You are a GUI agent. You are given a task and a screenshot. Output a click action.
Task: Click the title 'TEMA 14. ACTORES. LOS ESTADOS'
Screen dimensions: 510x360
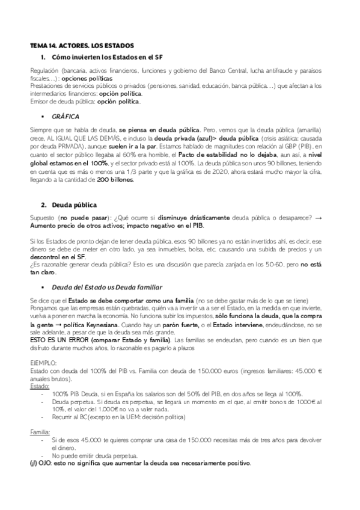[x=82, y=46]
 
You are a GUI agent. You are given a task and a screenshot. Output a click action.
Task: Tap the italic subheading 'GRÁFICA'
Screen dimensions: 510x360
[x=66, y=115]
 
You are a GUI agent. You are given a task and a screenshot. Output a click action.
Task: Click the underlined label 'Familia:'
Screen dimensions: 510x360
[x=40, y=432]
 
